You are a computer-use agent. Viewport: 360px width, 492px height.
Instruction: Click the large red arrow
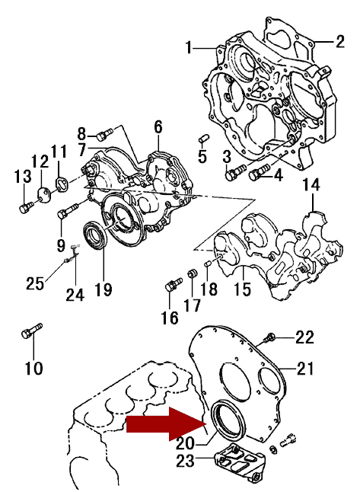tap(166, 424)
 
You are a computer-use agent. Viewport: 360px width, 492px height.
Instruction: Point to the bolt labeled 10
tap(32, 331)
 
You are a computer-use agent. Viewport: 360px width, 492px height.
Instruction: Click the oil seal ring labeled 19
tap(96, 235)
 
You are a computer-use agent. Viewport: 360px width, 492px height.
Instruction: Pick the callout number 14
tap(311, 185)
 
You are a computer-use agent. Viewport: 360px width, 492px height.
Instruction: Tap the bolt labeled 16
tap(174, 283)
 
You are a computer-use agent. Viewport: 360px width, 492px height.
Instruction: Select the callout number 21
tap(304, 369)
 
